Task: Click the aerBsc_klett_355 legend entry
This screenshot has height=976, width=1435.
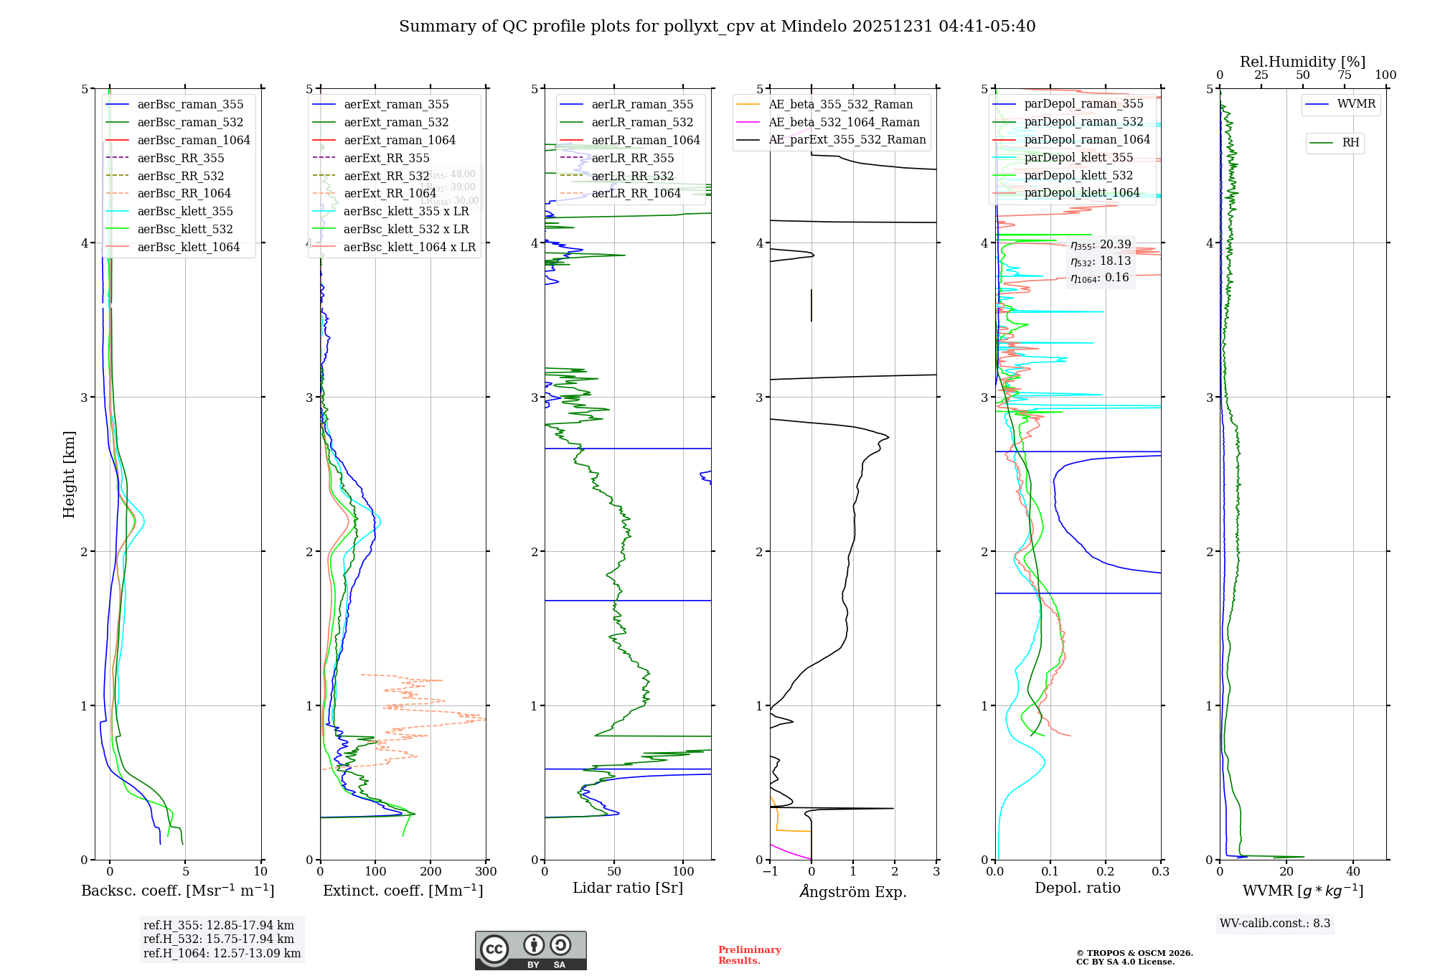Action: pyautogui.click(x=184, y=212)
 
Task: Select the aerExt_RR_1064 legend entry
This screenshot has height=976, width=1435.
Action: pyautogui.click(x=390, y=194)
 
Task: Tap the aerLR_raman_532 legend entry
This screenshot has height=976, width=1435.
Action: pyautogui.click(x=642, y=123)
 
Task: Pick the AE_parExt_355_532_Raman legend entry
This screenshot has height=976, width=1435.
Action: pyautogui.click(x=847, y=140)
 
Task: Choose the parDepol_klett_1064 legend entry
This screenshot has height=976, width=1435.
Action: pyautogui.click(x=1081, y=193)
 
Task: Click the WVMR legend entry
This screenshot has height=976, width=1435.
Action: pyautogui.click(x=1356, y=104)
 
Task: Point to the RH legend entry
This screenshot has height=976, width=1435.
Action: pyautogui.click(x=1350, y=143)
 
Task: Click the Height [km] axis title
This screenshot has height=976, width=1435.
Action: pyautogui.click(x=69, y=474)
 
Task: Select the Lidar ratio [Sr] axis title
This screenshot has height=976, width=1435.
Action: pyautogui.click(x=627, y=888)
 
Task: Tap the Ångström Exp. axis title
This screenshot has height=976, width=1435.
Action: pyautogui.click(x=853, y=891)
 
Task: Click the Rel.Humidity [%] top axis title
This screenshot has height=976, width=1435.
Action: pyautogui.click(x=1302, y=62)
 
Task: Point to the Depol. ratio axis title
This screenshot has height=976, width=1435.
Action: pyautogui.click(x=1077, y=888)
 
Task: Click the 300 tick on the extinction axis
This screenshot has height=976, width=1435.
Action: pyautogui.click(x=486, y=872)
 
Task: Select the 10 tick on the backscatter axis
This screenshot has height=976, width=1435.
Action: pyautogui.click(x=260, y=872)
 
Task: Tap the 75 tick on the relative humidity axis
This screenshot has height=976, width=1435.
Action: pyautogui.click(x=1344, y=75)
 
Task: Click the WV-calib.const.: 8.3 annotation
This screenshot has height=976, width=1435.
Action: pyautogui.click(x=1275, y=924)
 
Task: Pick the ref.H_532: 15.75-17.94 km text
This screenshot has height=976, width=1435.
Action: pyautogui.click(x=218, y=939)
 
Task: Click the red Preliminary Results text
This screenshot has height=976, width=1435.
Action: pyautogui.click(x=749, y=955)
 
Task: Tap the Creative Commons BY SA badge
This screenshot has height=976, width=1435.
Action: pyautogui.click(x=530, y=951)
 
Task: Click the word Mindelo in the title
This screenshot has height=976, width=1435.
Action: pyautogui.click(x=814, y=27)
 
